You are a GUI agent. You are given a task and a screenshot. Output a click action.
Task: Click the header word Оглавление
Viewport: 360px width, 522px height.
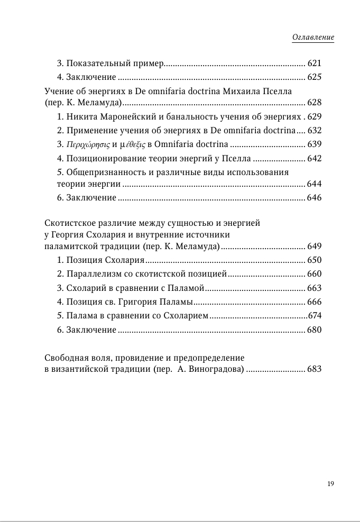coord(313,38)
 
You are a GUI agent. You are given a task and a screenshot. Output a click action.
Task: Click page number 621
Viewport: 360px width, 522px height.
coord(314,63)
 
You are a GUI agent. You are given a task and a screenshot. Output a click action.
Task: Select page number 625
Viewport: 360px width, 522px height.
coord(314,77)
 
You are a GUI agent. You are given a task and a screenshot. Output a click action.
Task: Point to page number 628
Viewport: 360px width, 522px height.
coord(314,103)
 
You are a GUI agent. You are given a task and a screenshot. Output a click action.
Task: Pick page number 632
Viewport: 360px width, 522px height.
coord(314,131)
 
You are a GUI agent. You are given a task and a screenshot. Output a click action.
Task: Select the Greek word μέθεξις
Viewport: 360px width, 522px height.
coord(130,144)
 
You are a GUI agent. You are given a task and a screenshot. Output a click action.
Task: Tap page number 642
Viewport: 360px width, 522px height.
coord(314,158)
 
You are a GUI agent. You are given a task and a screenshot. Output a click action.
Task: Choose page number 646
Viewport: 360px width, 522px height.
coord(314,198)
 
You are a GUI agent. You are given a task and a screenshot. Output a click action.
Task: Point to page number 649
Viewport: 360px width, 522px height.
coord(314,246)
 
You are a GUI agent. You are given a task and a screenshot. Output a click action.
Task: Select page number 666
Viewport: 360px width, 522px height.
coord(314,302)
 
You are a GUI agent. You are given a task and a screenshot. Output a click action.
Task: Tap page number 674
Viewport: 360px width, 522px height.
coord(314,316)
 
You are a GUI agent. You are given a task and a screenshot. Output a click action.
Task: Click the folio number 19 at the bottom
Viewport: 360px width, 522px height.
coord(330,484)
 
